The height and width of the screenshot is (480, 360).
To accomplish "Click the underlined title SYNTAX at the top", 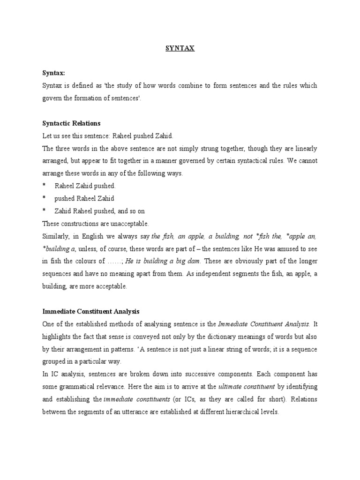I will [180, 48].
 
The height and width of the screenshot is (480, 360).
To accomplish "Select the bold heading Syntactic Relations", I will [71, 123].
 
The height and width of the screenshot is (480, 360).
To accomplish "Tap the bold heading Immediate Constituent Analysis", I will [91, 311].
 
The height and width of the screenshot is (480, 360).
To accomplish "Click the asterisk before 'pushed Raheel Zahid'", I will [44, 199].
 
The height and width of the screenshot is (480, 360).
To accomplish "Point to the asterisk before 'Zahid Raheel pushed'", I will [44, 211].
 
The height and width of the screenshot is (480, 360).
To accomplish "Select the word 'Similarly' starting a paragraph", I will [54, 236].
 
